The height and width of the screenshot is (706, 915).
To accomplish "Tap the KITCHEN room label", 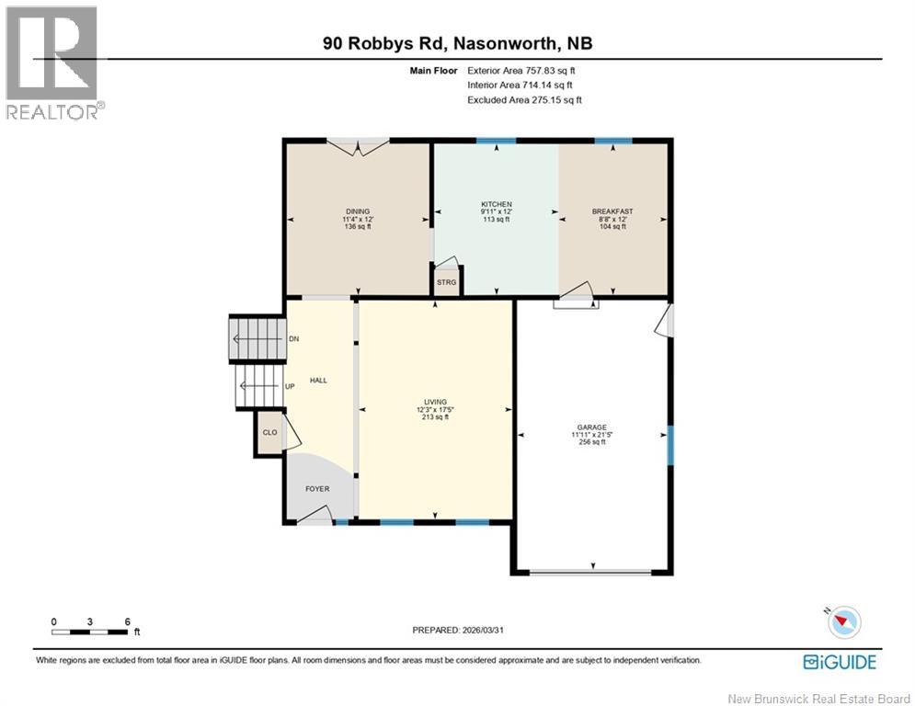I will [497, 204].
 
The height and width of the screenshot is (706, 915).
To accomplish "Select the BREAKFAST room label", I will [612, 211].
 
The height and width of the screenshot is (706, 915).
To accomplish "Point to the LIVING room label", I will [435, 402].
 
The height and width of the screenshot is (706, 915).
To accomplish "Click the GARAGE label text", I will [591, 427].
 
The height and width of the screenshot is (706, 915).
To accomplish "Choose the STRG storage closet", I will [446, 282].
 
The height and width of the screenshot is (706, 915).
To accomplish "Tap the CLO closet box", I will [269, 432].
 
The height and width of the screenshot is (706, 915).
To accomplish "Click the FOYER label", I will [317, 489].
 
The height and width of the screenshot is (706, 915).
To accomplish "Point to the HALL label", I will [318, 380].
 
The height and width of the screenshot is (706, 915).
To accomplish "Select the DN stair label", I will [293, 339].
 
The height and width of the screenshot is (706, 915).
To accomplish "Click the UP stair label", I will [290, 386].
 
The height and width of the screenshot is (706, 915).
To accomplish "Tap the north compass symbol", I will [843, 622].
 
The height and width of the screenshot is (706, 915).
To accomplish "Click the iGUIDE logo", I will [839, 662].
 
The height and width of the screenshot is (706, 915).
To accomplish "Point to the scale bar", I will [89, 632].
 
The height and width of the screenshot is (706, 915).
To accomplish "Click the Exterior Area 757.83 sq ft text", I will [524, 70].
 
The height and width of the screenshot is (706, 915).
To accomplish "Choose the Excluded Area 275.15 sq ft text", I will [524, 99].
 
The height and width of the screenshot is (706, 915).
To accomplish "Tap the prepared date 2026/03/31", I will [459, 630].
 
